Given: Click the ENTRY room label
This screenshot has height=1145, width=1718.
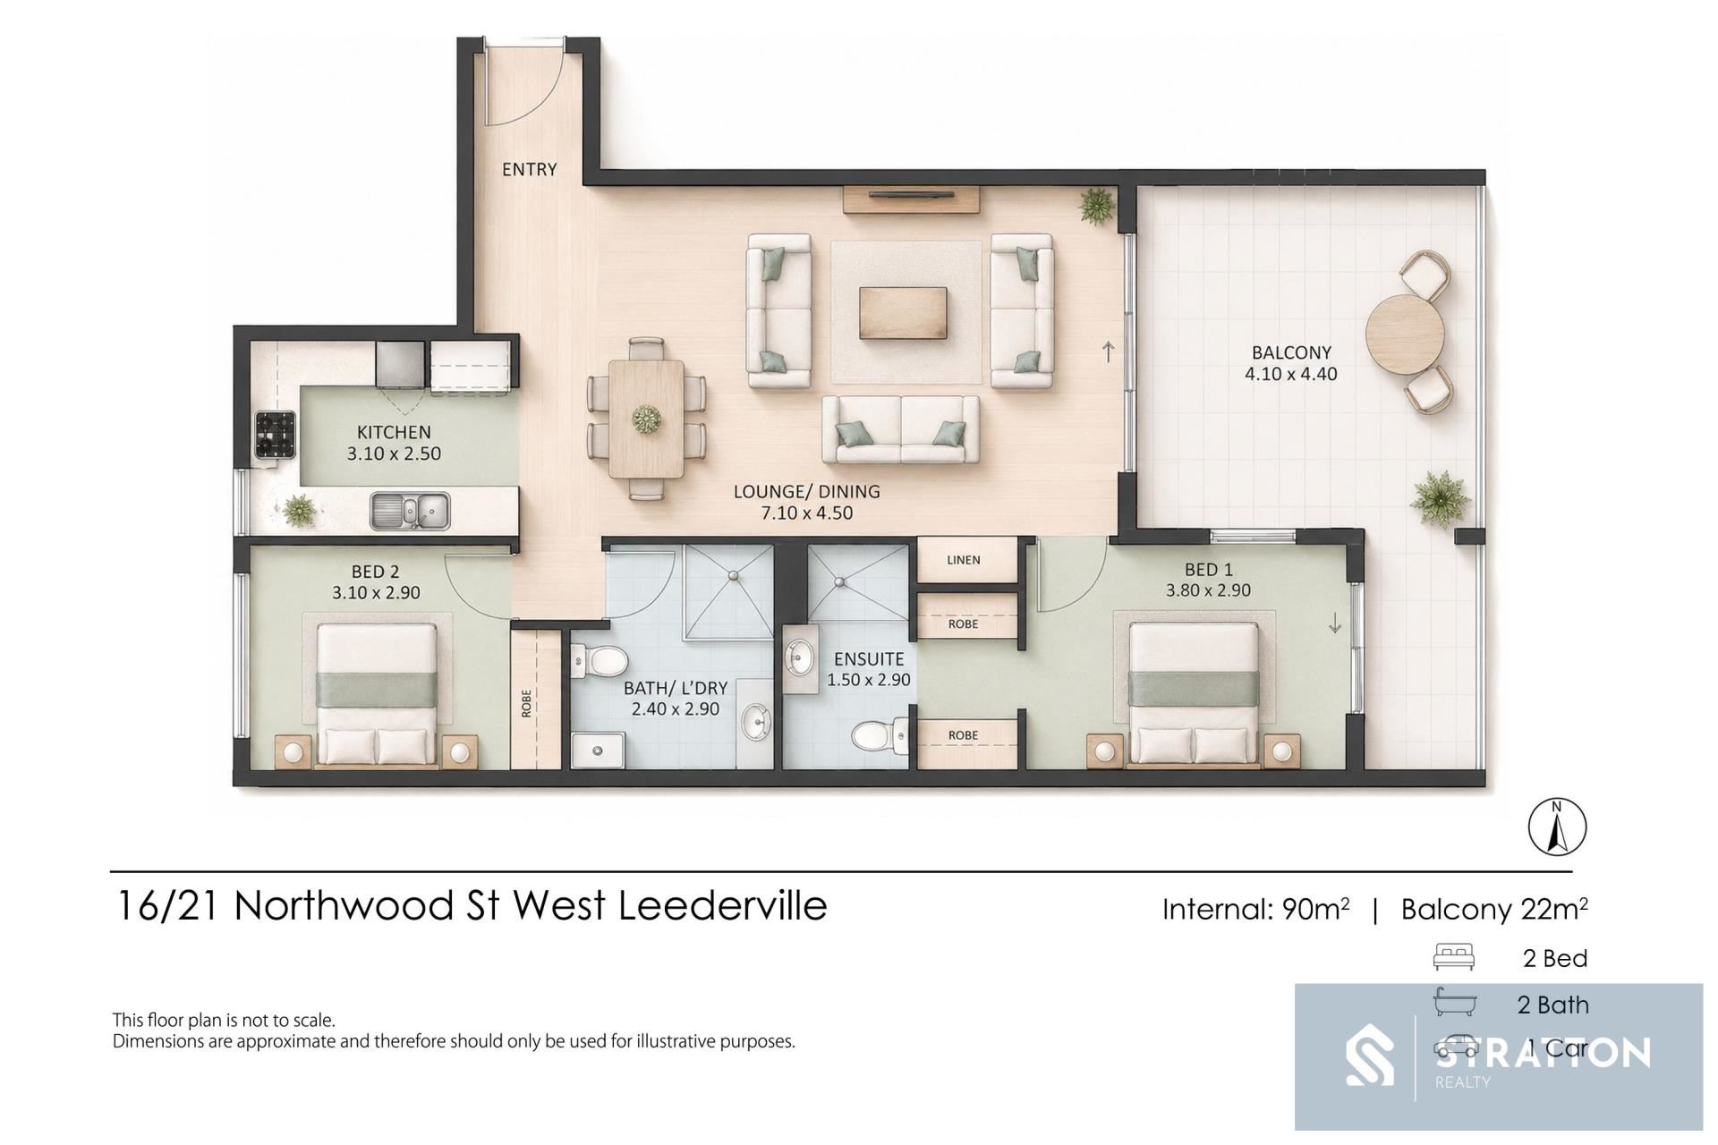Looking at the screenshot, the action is click(529, 169).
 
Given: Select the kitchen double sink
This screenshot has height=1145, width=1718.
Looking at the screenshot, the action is click(411, 511).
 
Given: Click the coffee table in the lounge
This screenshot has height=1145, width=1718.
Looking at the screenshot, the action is click(903, 313).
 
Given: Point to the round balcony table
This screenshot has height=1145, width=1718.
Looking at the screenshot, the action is click(1405, 335).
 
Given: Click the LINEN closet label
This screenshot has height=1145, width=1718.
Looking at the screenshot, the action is click(964, 560).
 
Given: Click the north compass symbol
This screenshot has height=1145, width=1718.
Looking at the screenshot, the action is click(1557, 827).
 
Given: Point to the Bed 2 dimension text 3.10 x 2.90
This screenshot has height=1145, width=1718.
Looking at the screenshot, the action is click(376, 592).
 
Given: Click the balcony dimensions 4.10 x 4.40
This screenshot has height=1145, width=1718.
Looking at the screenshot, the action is click(1291, 374).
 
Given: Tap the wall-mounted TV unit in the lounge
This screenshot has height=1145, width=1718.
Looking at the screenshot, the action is click(911, 199).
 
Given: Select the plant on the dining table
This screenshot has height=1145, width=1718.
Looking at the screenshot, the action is click(645, 418).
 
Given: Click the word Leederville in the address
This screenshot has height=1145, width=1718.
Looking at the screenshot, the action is click(722, 905).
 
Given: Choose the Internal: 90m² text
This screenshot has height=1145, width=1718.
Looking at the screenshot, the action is click(1256, 909).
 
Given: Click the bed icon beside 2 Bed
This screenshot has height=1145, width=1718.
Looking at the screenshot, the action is click(1454, 957).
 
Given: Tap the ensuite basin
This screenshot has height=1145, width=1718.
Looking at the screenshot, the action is click(798, 659).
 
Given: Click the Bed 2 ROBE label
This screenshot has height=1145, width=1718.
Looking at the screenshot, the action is click(526, 703).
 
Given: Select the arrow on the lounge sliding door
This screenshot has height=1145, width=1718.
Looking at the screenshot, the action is click(1109, 352).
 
